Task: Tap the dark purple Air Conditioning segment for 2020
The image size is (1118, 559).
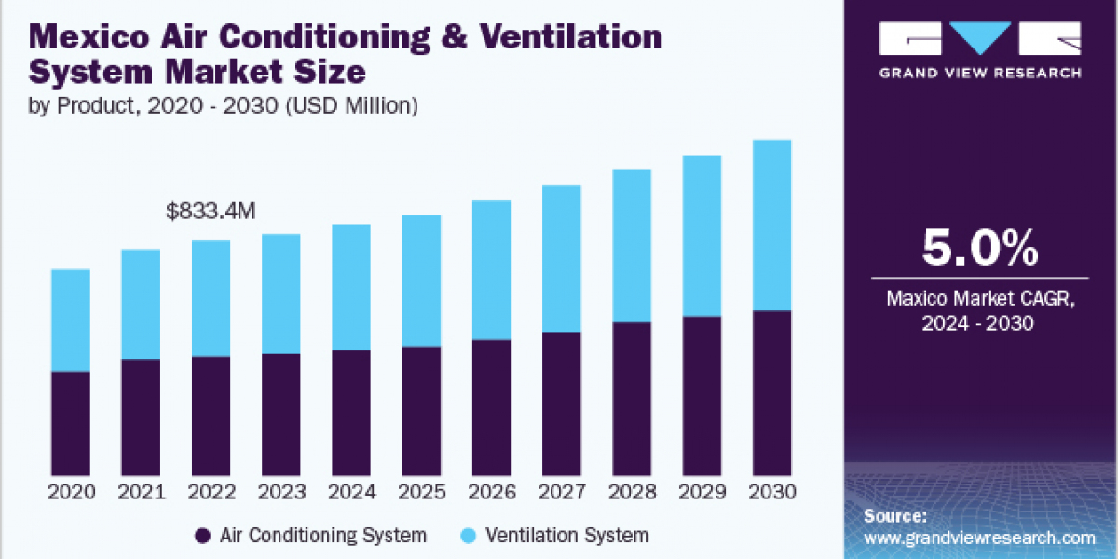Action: tap(71, 423)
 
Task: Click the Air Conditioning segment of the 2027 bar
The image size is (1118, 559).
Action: tap(562, 403)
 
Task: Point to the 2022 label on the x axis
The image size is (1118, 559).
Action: tap(211, 490)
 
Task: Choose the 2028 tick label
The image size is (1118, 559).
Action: tap(632, 490)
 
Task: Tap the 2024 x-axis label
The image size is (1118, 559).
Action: tap(351, 490)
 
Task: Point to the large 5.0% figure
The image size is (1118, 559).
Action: tap(979, 249)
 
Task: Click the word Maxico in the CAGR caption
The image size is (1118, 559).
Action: tap(917, 300)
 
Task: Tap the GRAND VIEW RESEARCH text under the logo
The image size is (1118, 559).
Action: tap(979, 74)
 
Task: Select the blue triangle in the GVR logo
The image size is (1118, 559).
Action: tap(979, 37)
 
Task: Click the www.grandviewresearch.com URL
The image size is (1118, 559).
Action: tap(979, 539)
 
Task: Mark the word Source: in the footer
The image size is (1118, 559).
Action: tap(895, 516)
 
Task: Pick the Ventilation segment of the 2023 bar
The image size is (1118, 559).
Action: tap(281, 293)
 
